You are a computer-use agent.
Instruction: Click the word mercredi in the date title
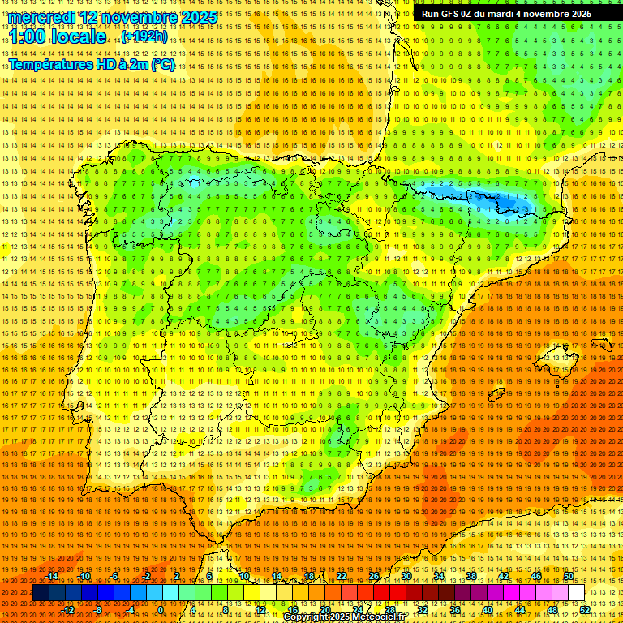pos(46,17)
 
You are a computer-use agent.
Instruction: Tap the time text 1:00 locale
pos(57,37)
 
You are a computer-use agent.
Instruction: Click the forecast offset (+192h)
pos(144,37)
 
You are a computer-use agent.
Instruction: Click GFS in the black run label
pos(454,14)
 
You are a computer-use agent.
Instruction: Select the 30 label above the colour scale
pos(406,576)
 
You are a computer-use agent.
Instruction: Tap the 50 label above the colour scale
pos(569,576)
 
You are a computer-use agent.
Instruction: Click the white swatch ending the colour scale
pos(576,593)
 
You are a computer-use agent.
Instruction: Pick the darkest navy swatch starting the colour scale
pos(41,593)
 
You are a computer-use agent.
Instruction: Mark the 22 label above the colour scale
pos(342,576)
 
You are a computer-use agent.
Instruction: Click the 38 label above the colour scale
pos(470,576)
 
